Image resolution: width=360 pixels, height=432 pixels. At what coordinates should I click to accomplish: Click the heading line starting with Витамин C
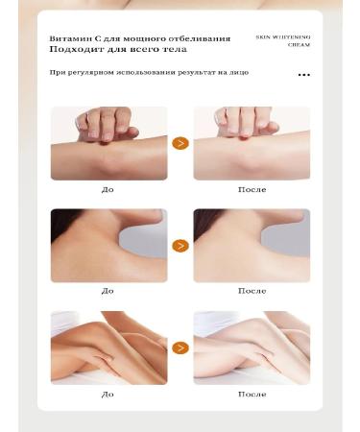click(x=140, y=38)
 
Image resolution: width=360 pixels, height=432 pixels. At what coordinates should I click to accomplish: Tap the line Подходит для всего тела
click(x=118, y=49)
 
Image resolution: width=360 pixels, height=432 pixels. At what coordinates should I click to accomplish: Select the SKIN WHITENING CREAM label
click(x=283, y=40)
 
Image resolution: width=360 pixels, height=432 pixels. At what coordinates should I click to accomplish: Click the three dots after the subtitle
click(x=303, y=74)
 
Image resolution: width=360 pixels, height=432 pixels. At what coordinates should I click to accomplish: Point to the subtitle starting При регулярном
click(x=155, y=73)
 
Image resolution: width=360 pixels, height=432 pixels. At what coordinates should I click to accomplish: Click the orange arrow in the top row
click(x=180, y=143)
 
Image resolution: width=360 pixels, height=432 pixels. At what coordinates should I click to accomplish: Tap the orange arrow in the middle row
click(x=180, y=246)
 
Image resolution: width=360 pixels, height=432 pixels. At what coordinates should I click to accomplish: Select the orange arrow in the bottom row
click(x=180, y=348)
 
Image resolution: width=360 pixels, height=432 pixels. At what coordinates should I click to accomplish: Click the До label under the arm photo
click(x=108, y=189)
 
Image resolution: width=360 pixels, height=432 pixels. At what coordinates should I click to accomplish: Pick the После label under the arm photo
click(x=252, y=189)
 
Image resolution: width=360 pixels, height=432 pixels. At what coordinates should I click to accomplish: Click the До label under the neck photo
click(x=108, y=291)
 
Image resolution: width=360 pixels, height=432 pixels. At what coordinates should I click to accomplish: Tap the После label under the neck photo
click(x=252, y=291)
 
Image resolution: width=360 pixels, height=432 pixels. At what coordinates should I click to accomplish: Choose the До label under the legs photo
click(x=108, y=394)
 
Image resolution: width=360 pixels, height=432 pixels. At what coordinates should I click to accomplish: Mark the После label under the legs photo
click(x=252, y=394)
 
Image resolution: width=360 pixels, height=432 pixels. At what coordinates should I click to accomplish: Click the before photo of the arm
click(x=108, y=143)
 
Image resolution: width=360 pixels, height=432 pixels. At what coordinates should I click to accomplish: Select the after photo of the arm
click(x=252, y=143)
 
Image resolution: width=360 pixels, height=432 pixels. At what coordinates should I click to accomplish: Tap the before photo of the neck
click(x=108, y=246)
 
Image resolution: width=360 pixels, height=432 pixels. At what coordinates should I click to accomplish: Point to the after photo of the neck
click(x=252, y=246)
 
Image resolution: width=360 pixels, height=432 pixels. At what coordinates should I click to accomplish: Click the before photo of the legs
click(x=108, y=348)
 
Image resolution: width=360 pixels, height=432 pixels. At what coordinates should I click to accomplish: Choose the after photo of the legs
click(x=252, y=348)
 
